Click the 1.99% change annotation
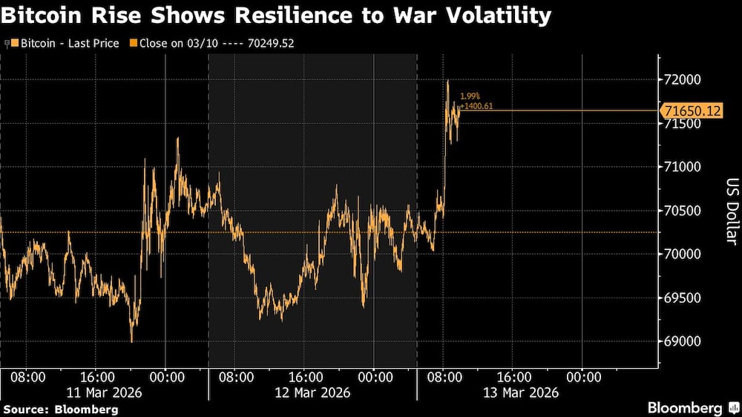tap(470, 96)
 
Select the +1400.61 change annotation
tap(476, 106)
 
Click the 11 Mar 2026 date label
tap(105, 392)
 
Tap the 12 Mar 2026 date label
tap(313, 392)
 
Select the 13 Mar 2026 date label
tap(522, 392)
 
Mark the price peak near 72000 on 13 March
tap(447, 80)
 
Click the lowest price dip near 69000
tap(132, 341)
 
